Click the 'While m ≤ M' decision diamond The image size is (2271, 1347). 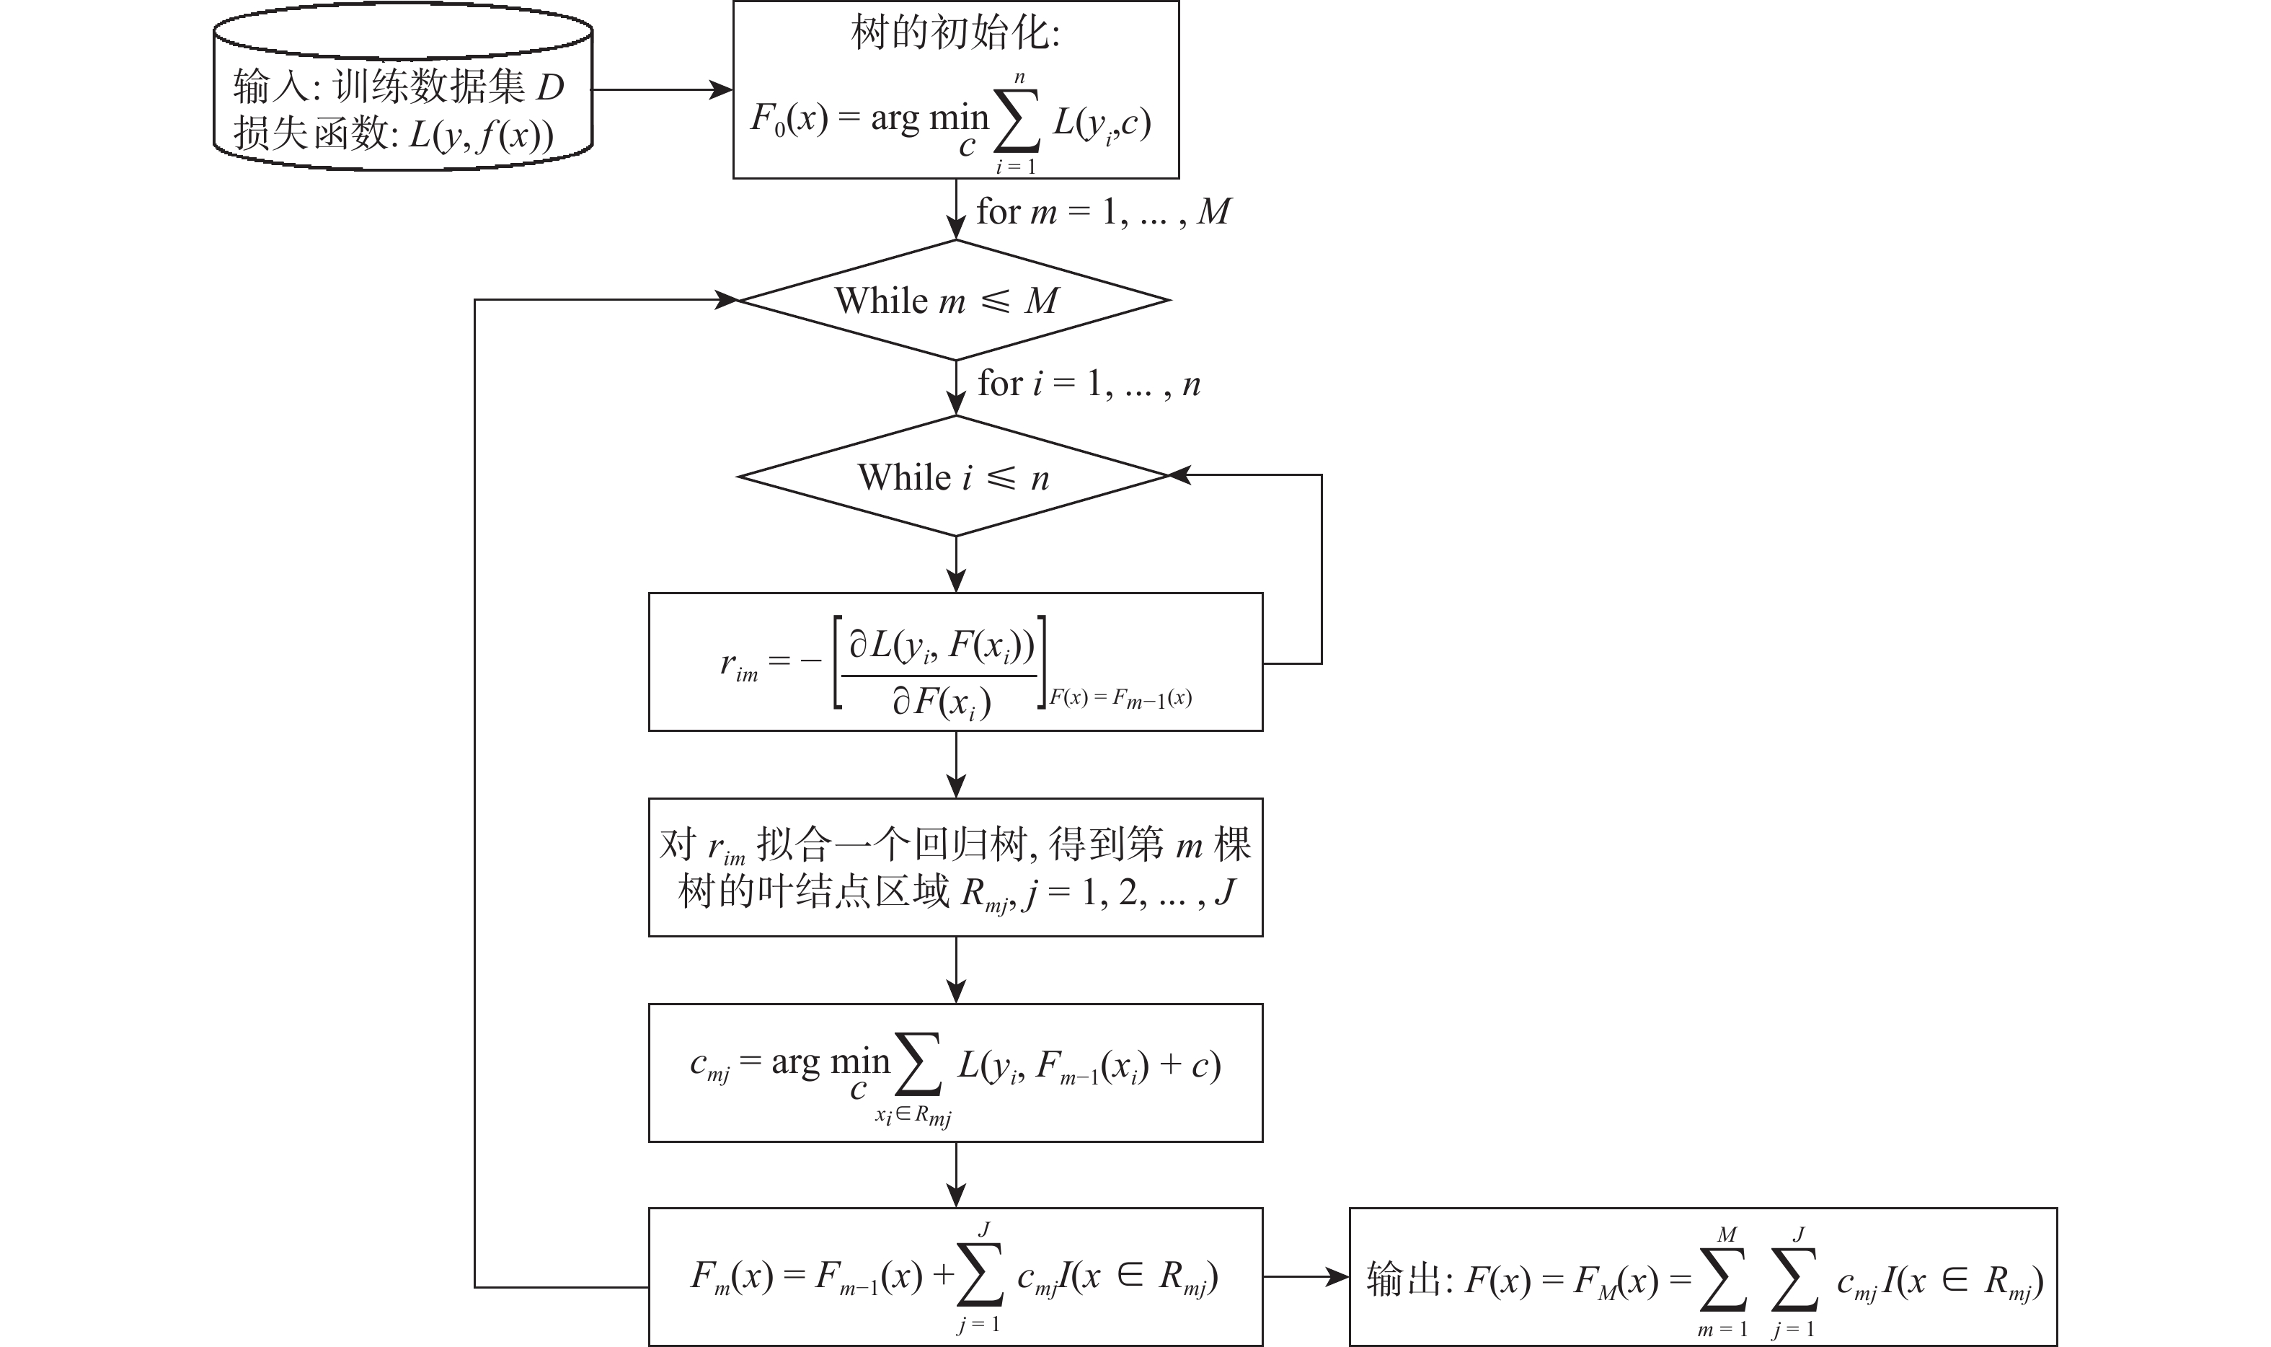(955, 301)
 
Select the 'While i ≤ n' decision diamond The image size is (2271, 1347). (955, 477)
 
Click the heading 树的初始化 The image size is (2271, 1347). (955, 35)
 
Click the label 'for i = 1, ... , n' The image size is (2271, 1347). (1089, 384)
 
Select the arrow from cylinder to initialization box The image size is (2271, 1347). (663, 90)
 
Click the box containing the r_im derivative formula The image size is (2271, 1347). (955, 662)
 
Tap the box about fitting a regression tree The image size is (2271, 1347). (955, 867)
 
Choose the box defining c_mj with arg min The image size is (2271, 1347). (955, 1073)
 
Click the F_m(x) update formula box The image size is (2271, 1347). (955, 1276)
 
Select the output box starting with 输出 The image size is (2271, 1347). (1702, 1276)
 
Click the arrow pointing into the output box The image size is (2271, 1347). (1306, 1277)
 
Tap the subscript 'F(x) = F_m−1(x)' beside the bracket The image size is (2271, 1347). (1120, 698)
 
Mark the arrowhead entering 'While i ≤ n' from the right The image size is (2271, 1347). (1179, 474)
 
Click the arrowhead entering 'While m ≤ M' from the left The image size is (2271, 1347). (727, 299)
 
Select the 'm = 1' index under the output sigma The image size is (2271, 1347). (1722, 1330)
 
